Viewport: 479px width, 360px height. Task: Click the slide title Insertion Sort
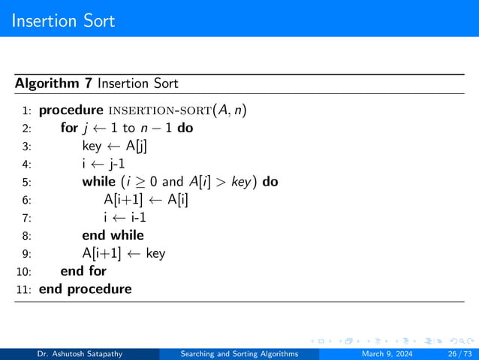pyautogui.click(x=63, y=20)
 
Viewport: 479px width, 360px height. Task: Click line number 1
pyautogui.click(x=26, y=111)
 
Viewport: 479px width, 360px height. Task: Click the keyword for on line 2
pyautogui.click(x=69, y=128)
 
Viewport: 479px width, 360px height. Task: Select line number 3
pyautogui.click(x=26, y=146)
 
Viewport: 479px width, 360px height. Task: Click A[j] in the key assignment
pyautogui.click(x=136, y=146)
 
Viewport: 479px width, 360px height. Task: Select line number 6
pyautogui.click(x=26, y=200)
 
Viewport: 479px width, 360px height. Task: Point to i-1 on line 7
pyautogui.click(x=136, y=217)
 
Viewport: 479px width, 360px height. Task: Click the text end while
pyautogui.click(x=113, y=235)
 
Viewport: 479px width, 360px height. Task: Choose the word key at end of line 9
pyautogui.click(x=155, y=253)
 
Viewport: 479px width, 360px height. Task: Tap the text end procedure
pyautogui.click(x=85, y=289)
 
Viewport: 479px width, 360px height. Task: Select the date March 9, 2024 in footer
pyautogui.click(x=389, y=353)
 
